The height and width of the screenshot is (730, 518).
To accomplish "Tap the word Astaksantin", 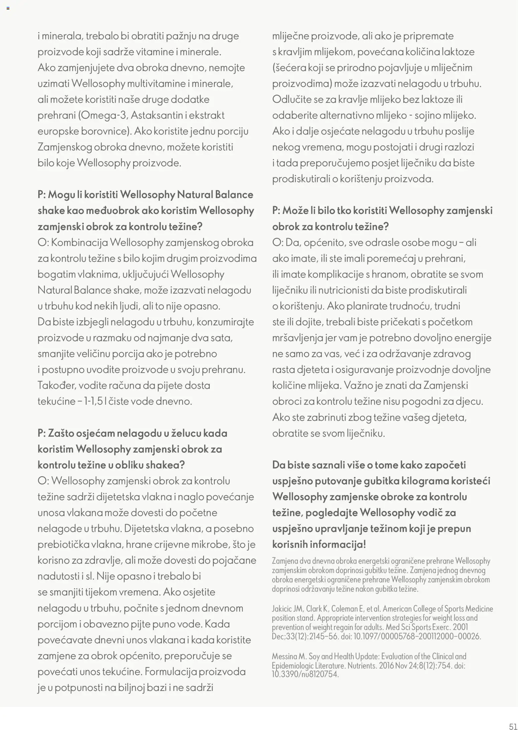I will click(154, 115).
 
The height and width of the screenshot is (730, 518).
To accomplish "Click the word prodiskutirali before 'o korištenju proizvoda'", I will click(301, 179).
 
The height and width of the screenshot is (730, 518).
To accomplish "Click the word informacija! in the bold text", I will click(338, 544).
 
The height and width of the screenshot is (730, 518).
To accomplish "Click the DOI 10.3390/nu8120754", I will click(305, 674).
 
